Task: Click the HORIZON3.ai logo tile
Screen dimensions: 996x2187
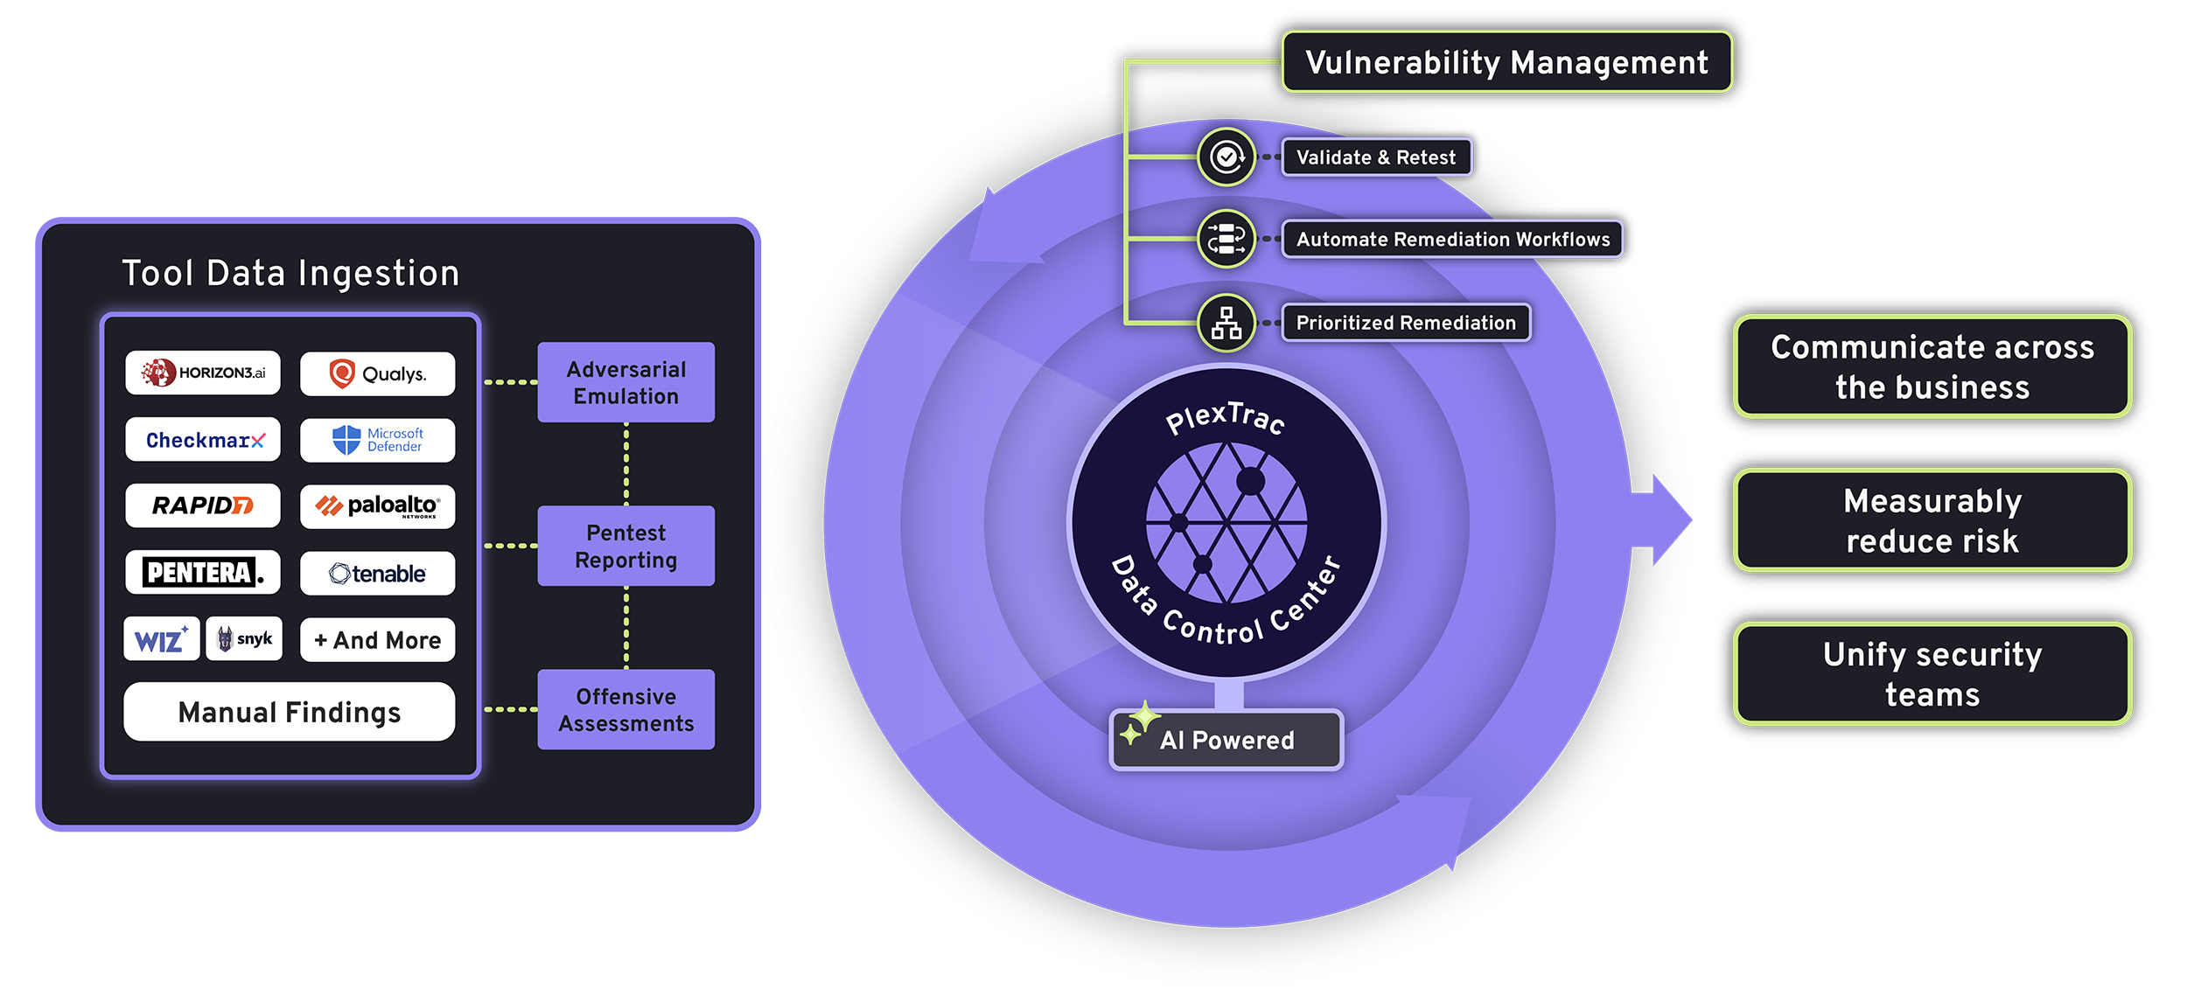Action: [203, 373]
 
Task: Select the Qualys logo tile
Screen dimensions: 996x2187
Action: [377, 374]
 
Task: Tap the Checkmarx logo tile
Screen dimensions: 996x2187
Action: [203, 440]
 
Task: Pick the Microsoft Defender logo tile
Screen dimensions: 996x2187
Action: [377, 440]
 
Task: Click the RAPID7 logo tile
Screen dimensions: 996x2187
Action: [203, 505]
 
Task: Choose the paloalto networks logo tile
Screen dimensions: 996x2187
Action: [377, 506]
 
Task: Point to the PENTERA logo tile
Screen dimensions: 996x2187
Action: [203, 573]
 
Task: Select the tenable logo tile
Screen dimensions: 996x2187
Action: [377, 574]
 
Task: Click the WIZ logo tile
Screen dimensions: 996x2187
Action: [162, 639]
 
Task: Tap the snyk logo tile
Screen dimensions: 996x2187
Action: [244, 639]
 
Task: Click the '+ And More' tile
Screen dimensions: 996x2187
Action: [377, 640]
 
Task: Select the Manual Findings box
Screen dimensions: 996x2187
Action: [290, 712]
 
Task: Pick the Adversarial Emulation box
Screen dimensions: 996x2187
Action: [625, 383]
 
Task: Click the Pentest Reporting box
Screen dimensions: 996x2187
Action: [625, 546]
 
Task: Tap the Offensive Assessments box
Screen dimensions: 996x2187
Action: [625, 709]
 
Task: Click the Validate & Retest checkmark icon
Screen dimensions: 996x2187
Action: [1226, 157]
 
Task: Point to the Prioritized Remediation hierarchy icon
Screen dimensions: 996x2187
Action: [1226, 323]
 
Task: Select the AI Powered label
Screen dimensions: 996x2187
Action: [1226, 740]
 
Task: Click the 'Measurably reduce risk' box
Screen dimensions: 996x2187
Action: [1932, 520]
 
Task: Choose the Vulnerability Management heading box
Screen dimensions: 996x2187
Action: [1506, 62]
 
